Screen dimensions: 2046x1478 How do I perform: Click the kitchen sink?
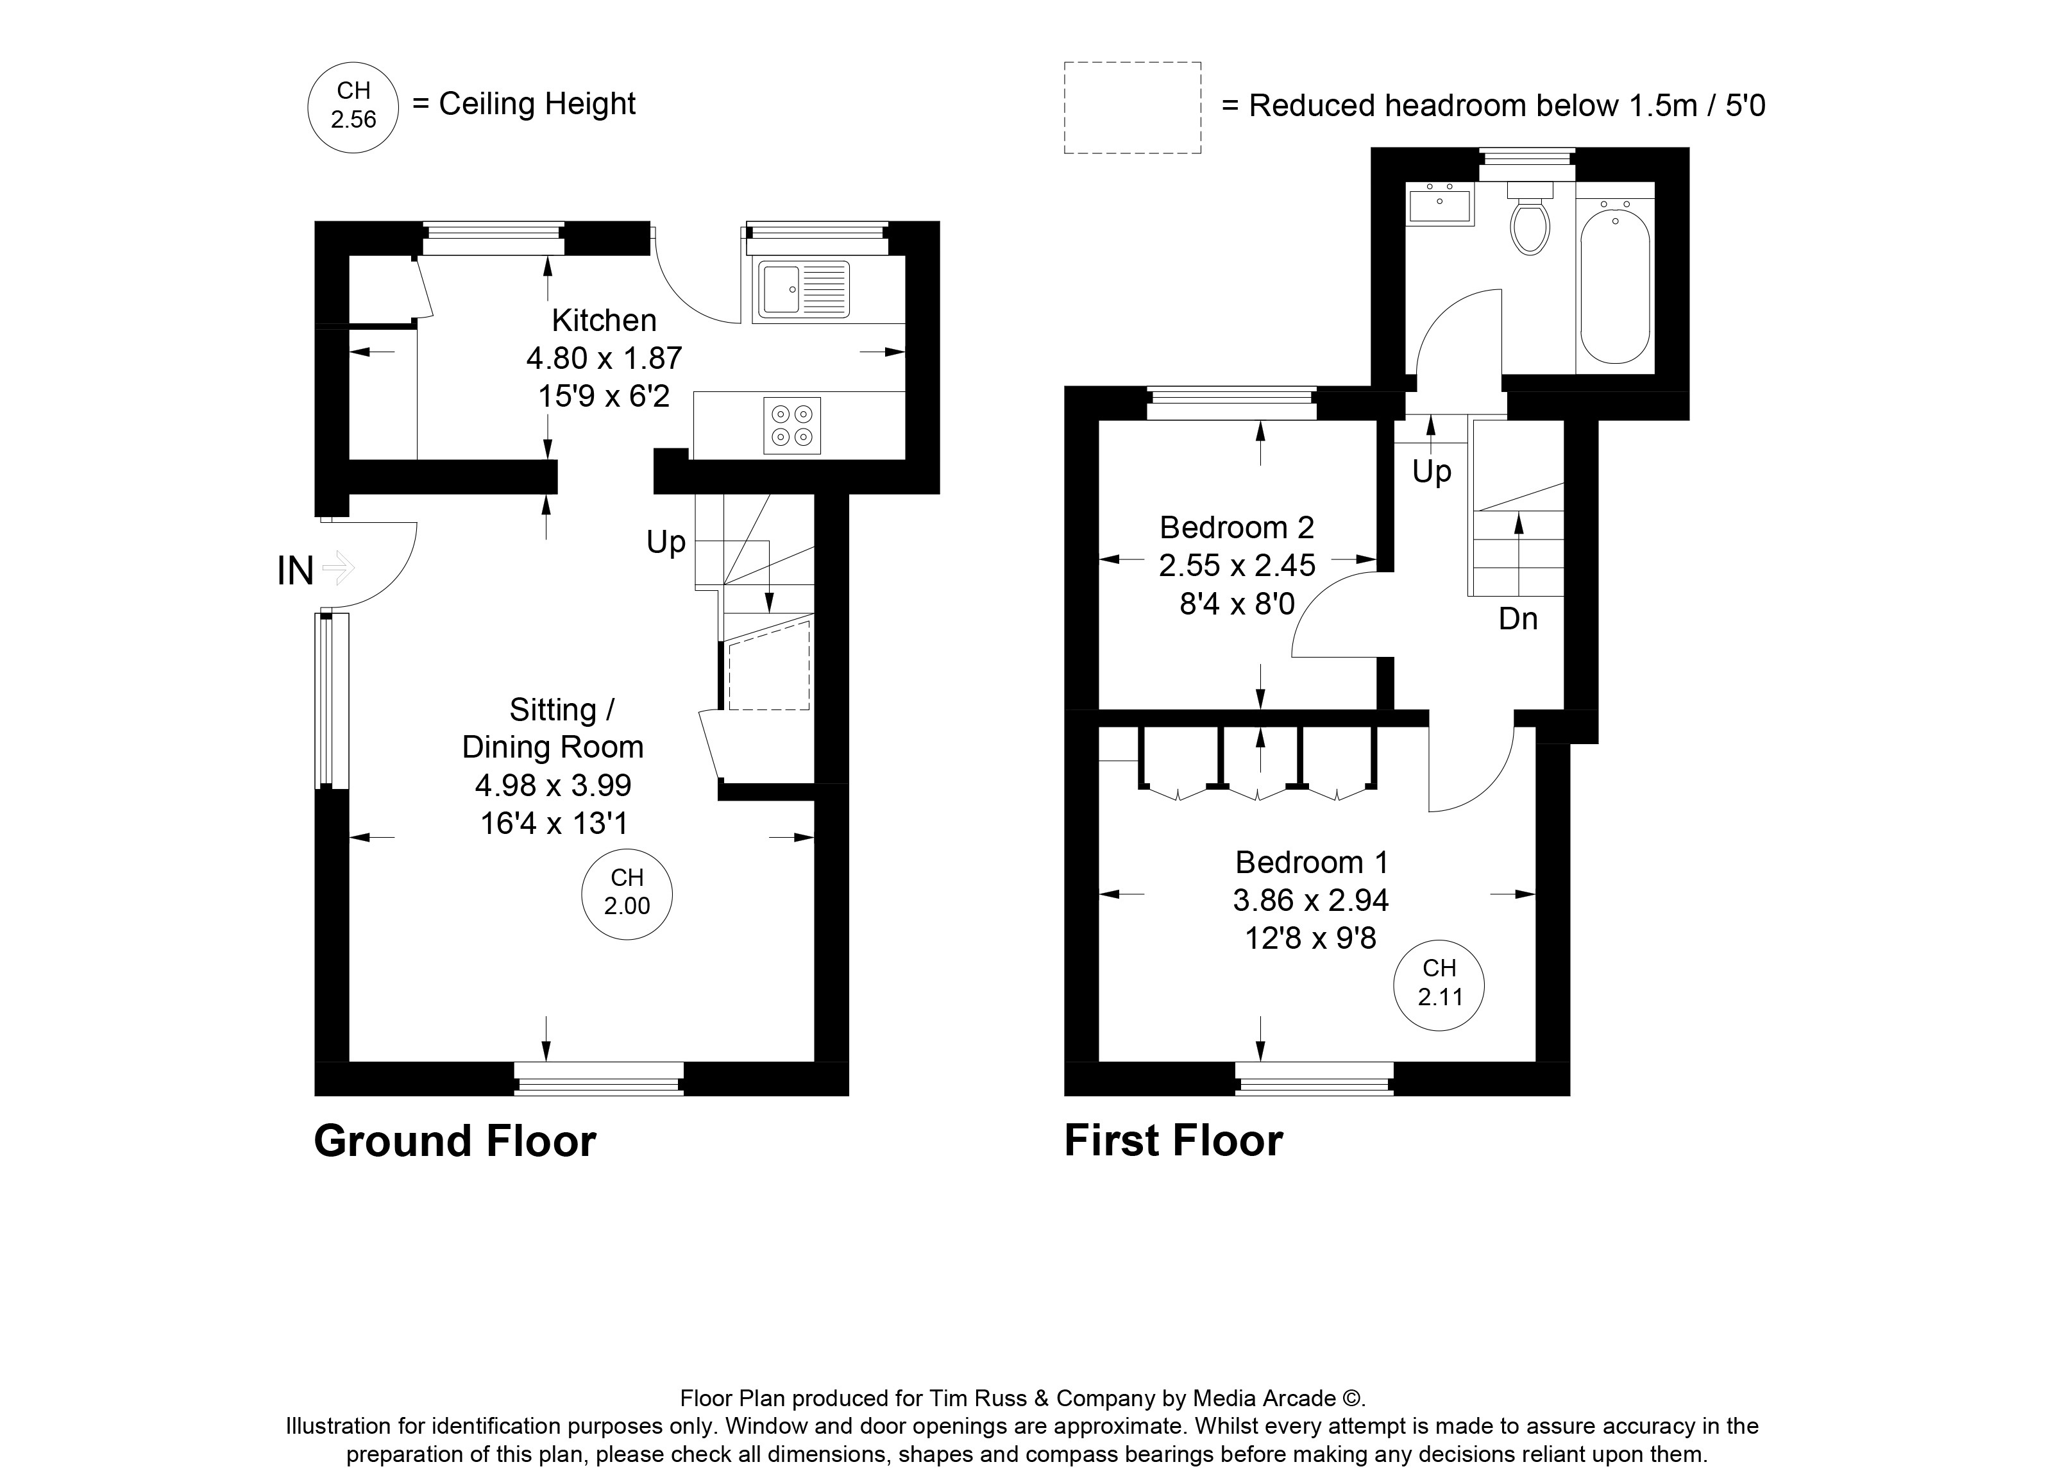(x=804, y=290)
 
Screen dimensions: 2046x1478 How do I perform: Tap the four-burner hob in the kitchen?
(x=792, y=425)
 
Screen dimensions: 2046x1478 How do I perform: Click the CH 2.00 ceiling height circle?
(x=627, y=894)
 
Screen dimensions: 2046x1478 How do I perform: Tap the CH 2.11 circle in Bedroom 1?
(x=1439, y=985)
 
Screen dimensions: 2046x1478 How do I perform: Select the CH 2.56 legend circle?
(x=353, y=106)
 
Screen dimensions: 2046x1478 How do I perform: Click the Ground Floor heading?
(x=455, y=1141)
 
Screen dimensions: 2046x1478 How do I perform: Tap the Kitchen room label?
(x=604, y=320)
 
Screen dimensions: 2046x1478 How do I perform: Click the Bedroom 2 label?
(x=1237, y=527)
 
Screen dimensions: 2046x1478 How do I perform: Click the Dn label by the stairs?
(x=1518, y=619)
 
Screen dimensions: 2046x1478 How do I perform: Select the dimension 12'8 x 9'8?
(x=1311, y=939)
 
